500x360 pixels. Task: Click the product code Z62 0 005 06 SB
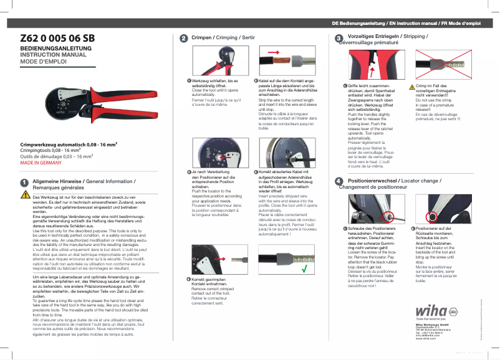pyautogui.click(x=57, y=38)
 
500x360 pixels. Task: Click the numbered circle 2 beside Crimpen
pyautogui.click(x=183, y=39)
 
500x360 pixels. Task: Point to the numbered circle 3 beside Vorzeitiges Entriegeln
pyautogui.click(x=339, y=39)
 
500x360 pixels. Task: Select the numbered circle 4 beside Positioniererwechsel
pyautogui.click(x=339, y=181)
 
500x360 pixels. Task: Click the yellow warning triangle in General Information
pyautogui.click(x=25, y=195)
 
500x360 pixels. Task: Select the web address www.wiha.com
pyautogui.click(x=425, y=339)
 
